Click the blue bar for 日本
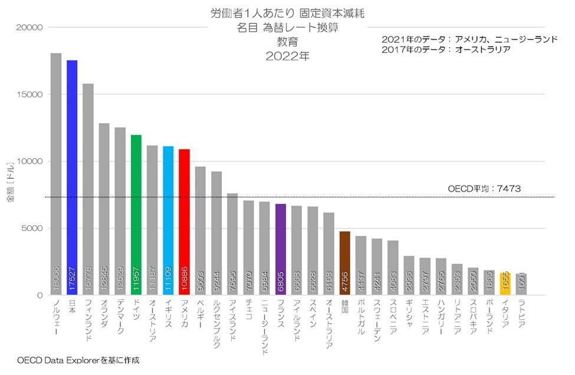72,177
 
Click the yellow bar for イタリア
505,284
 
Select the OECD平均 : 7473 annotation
484,189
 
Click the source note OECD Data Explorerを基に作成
78,359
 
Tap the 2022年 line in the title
287,57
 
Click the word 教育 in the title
287,42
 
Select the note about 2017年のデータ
446,50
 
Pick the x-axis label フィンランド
88,322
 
